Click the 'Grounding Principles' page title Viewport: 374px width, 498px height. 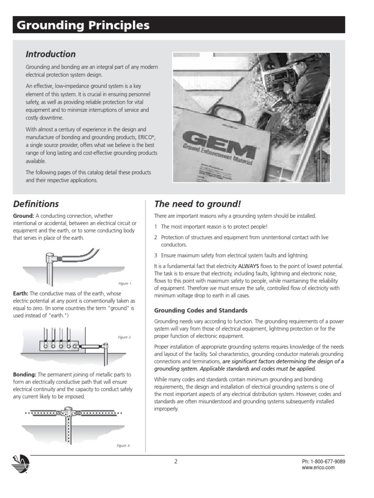coord(83,26)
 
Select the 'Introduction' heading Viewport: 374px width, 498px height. coord(51,54)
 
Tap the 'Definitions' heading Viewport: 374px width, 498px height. coord(36,204)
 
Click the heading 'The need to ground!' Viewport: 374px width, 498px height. coord(197,204)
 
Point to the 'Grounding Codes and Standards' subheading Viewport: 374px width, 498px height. coord(201,310)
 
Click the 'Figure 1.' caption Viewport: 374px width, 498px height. coord(125,283)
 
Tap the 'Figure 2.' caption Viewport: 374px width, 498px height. coord(125,337)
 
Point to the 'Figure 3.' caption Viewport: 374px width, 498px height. coord(123,445)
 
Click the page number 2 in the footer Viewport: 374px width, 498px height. coord(176,462)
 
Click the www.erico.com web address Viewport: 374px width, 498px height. coord(318,467)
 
